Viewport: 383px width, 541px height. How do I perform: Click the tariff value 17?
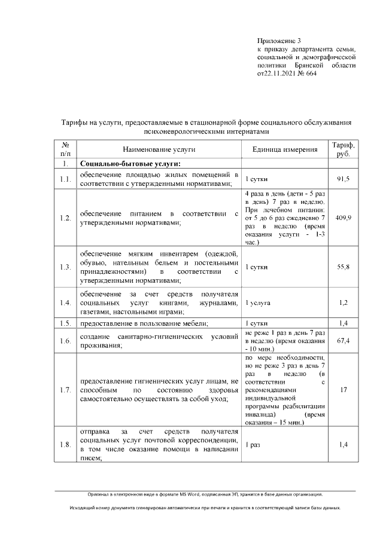coord(344,390)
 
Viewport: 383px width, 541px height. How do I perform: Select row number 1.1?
coord(65,179)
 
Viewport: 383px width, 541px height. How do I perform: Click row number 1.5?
coord(65,323)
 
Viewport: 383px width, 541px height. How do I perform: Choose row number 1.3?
coord(65,267)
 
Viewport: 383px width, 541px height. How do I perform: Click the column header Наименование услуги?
coord(159,149)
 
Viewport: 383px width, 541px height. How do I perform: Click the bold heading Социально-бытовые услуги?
coord(130,163)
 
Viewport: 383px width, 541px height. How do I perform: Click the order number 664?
coord(311,74)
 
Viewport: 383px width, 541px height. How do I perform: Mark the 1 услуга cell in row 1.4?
coord(258,303)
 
